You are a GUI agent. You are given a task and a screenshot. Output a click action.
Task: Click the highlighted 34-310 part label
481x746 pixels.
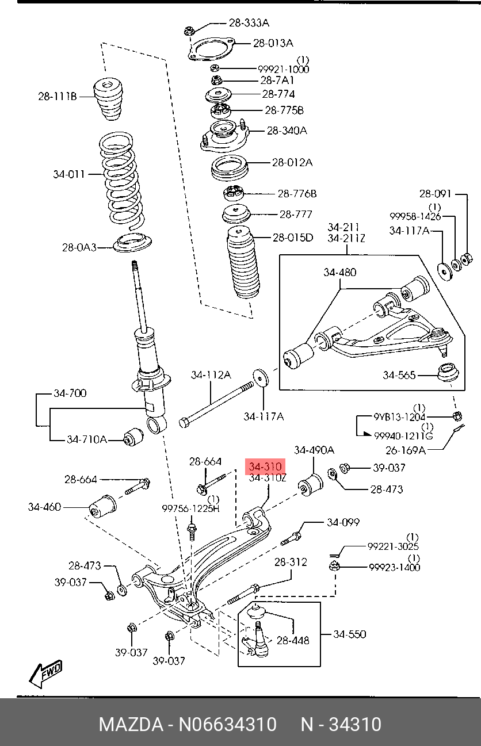(265, 466)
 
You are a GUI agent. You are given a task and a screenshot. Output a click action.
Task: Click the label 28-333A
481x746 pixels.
(249, 23)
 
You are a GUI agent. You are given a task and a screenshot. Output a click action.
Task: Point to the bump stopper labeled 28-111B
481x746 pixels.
(107, 99)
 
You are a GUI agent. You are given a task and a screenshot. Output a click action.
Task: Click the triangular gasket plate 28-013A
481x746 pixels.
(211, 49)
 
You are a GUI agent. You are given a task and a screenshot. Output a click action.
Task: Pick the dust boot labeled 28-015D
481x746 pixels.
(243, 262)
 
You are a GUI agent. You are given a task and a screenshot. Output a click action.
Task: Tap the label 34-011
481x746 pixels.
(69, 174)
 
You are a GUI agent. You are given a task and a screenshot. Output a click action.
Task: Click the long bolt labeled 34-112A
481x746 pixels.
(216, 405)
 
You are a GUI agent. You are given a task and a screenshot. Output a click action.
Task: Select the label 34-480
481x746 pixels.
(340, 273)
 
